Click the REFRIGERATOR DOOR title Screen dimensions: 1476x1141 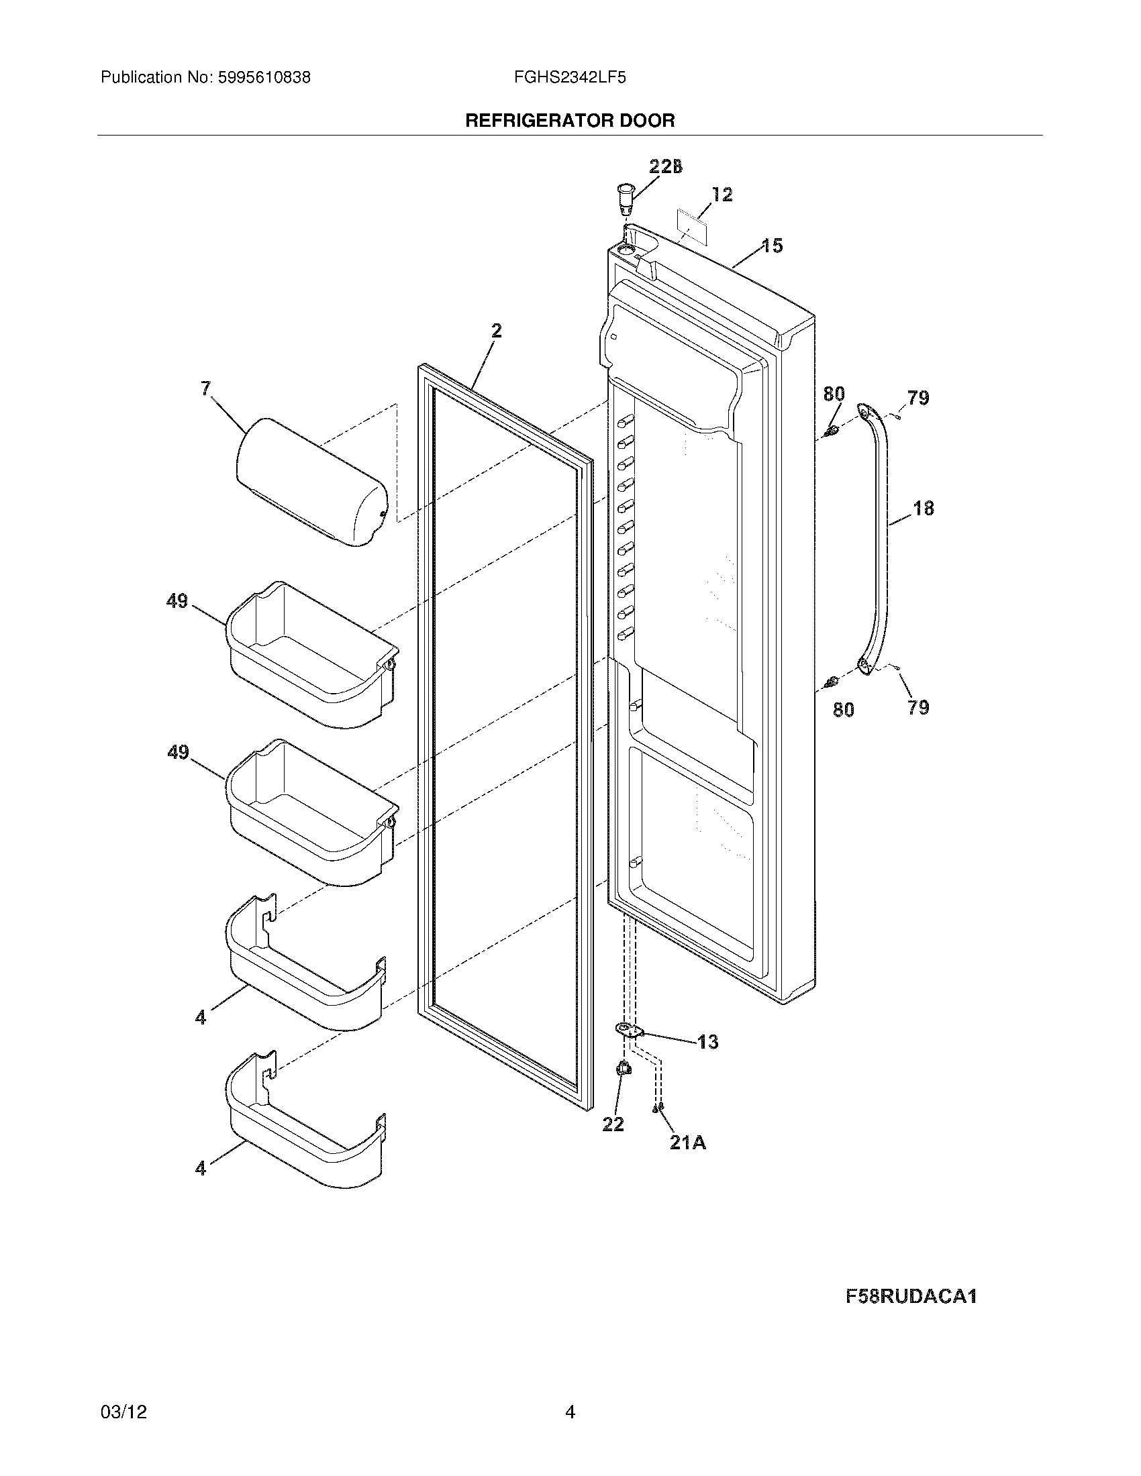click(x=570, y=121)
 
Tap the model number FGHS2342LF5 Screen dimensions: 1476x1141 click(x=569, y=78)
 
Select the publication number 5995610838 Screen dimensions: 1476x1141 click(x=264, y=78)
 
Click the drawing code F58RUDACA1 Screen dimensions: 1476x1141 click(x=911, y=1296)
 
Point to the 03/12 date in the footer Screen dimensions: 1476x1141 click(x=123, y=1412)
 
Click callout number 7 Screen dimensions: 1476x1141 click(x=206, y=388)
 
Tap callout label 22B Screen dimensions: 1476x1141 click(x=665, y=166)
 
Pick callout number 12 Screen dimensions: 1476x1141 click(x=722, y=195)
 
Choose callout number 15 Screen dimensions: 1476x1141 click(x=773, y=246)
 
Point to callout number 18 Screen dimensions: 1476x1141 click(x=924, y=509)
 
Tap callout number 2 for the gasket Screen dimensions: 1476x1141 click(x=497, y=331)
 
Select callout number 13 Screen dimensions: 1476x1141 click(x=707, y=1042)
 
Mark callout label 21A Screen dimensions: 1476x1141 click(x=688, y=1142)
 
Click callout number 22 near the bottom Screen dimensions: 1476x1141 click(x=613, y=1124)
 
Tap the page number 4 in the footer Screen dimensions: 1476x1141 click(x=570, y=1412)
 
